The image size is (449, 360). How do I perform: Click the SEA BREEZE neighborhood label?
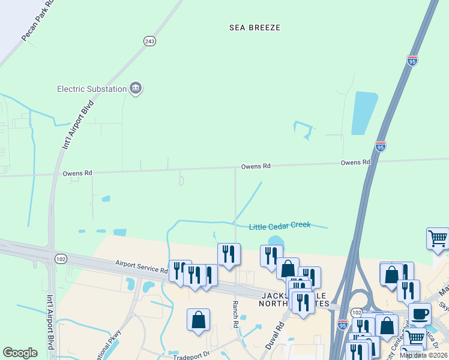pyautogui.click(x=255, y=28)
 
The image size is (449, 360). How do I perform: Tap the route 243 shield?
pyautogui.click(x=149, y=41)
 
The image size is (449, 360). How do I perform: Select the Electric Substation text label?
pyautogui.click(x=92, y=89)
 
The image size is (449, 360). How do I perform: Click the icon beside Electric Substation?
pyautogui.click(x=136, y=89)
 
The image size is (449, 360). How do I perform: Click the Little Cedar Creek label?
pyautogui.click(x=280, y=226)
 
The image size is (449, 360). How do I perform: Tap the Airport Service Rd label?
pyautogui.click(x=141, y=267)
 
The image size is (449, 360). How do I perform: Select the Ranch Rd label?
pyautogui.click(x=235, y=314)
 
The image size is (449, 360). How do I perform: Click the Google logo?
pyautogui.click(x=20, y=353)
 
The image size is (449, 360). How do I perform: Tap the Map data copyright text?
pyautogui.click(x=423, y=355)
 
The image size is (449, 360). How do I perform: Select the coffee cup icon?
pyautogui.click(x=420, y=313)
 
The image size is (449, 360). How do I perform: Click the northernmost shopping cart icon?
pyautogui.click(x=438, y=238)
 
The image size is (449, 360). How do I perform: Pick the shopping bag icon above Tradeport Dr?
pyautogui.click(x=198, y=319)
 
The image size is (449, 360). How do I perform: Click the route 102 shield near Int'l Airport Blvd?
pyautogui.click(x=60, y=259)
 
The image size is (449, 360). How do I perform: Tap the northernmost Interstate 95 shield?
pyautogui.click(x=412, y=61)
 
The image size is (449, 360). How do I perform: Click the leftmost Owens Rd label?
pyautogui.click(x=78, y=173)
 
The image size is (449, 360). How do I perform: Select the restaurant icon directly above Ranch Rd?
pyautogui.click(x=229, y=254)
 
